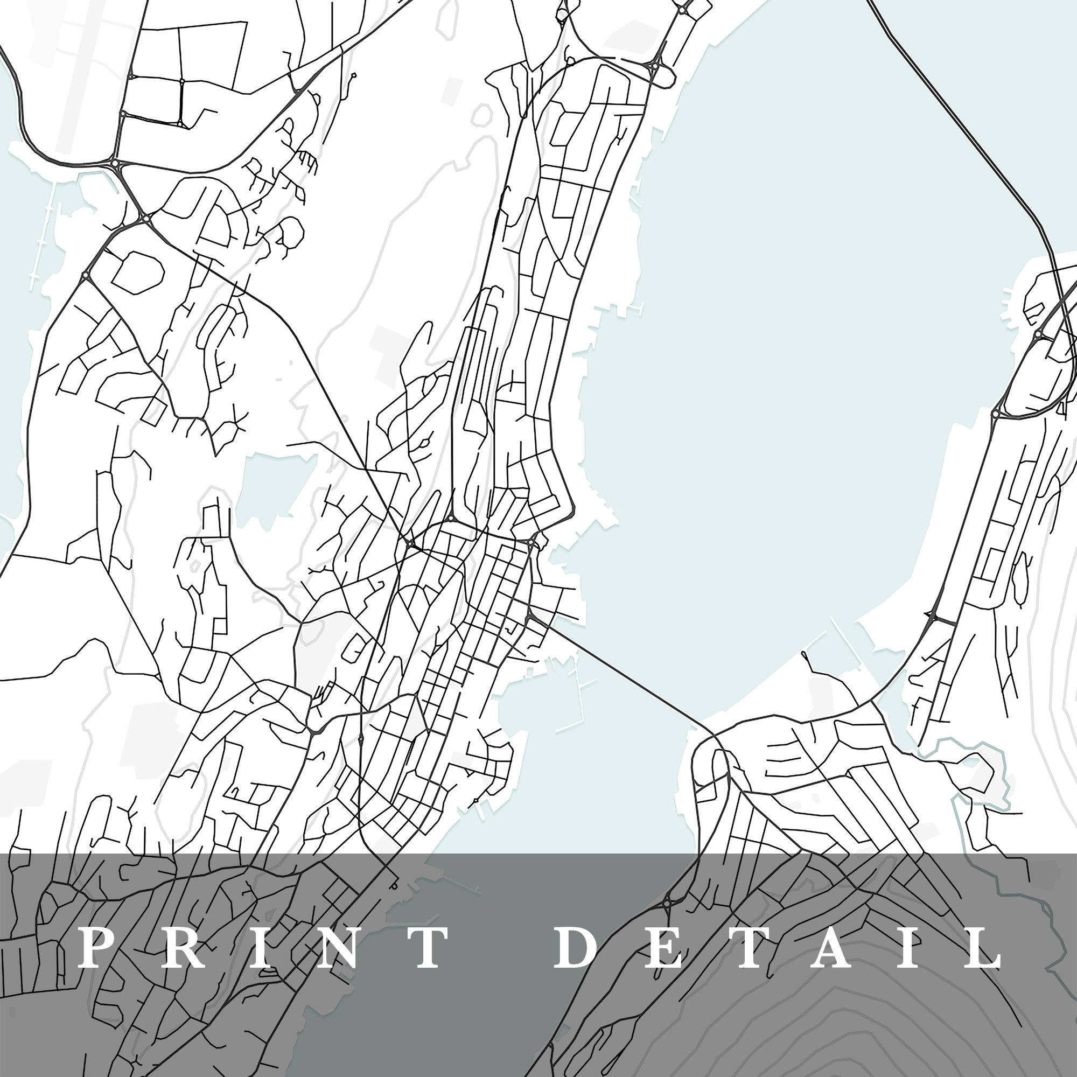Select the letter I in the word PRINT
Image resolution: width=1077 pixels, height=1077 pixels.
[256, 948]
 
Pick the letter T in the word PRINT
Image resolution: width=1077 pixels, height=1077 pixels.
[426, 948]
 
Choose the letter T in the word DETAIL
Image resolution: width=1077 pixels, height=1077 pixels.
[747, 948]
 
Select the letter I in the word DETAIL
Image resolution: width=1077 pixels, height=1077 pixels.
[911, 948]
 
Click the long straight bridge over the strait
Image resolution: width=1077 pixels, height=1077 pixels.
[630, 676]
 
